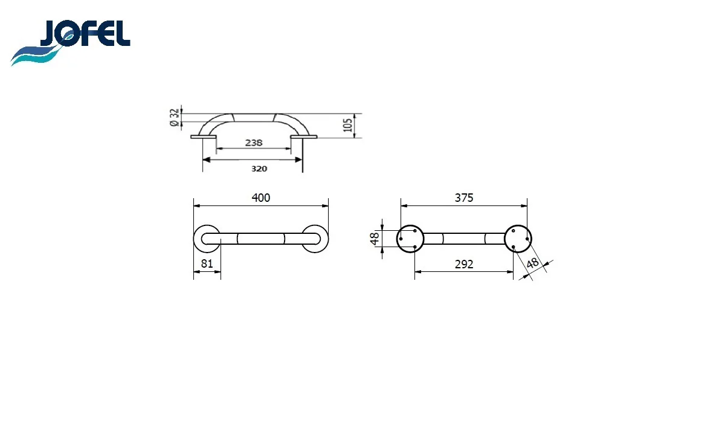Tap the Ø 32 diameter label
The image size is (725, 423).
(x=174, y=117)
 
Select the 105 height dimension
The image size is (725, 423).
(x=347, y=125)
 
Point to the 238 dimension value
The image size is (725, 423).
(x=254, y=143)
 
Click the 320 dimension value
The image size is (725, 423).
(x=259, y=169)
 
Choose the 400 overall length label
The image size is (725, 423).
(x=261, y=198)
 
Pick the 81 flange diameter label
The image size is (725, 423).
(x=207, y=263)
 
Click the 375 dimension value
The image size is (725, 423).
(x=464, y=198)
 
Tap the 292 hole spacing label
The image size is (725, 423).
(x=464, y=265)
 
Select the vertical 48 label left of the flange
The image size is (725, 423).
(x=375, y=239)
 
